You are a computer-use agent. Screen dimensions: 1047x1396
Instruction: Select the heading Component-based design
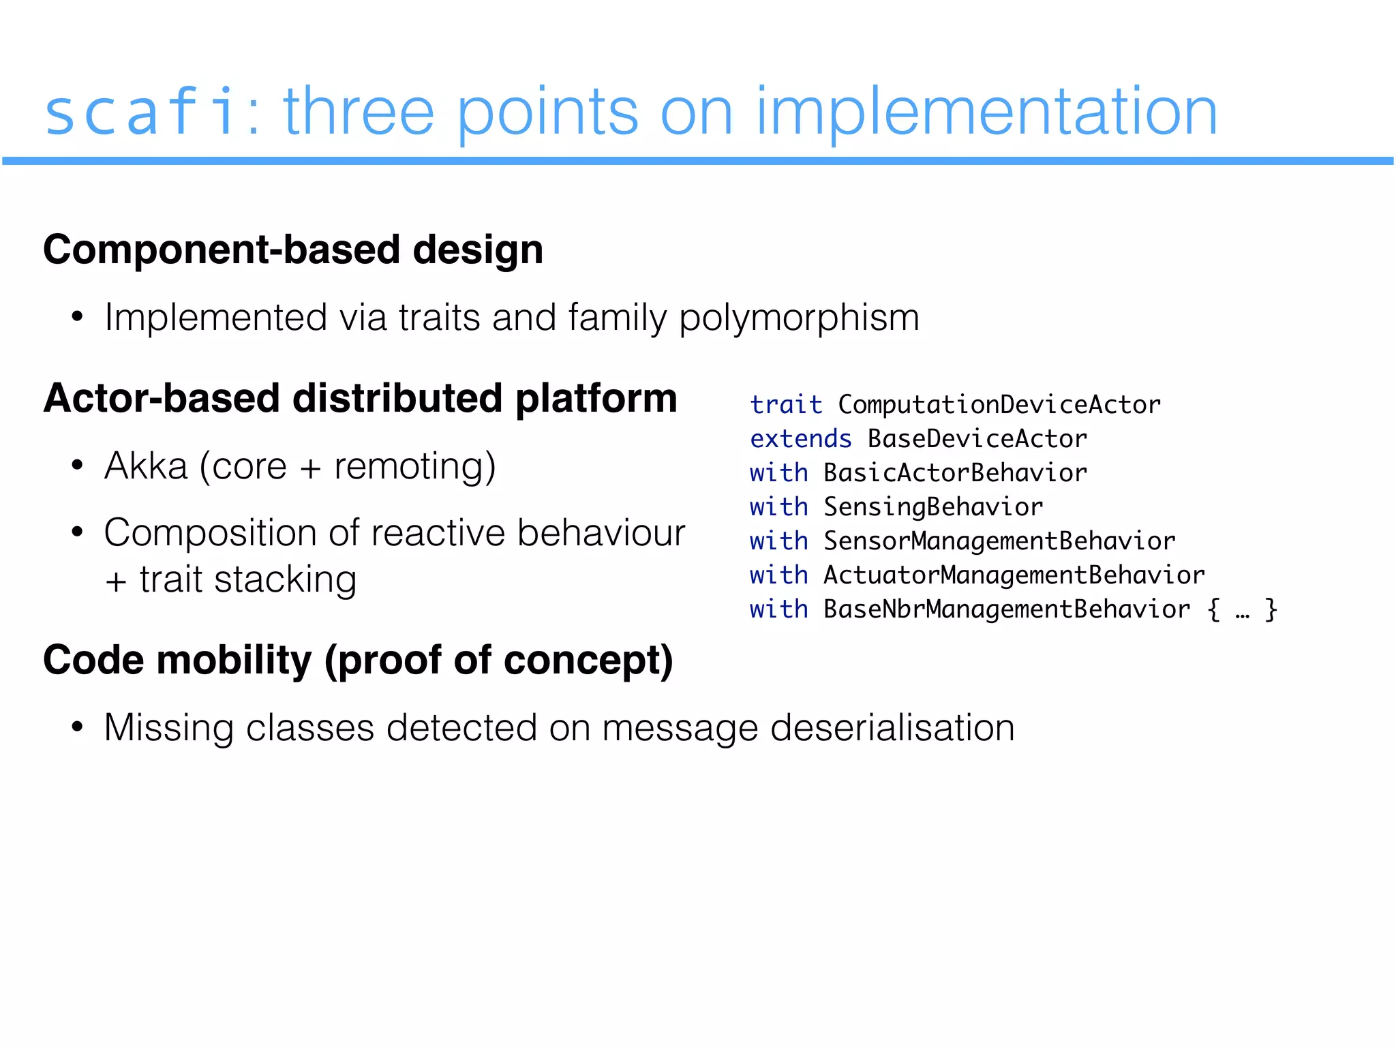[x=293, y=249]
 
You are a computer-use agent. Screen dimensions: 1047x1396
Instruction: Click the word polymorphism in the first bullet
[x=799, y=318]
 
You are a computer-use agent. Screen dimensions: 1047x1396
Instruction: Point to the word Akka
[x=146, y=466]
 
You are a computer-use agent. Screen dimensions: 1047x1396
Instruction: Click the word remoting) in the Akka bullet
[x=414, y=466]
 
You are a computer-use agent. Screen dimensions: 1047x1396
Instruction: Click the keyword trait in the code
[x=785, y=405]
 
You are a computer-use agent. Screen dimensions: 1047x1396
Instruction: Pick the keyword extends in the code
[x=800, y=439]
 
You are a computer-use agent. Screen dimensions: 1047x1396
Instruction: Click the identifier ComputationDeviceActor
[x=999, y=405]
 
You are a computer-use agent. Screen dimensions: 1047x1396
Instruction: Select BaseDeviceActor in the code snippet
[x=977, y=439]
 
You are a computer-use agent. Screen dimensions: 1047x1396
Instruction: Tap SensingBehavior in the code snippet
[x=932, y=507]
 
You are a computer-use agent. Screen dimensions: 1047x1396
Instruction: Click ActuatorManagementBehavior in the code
[x=1014, y=575]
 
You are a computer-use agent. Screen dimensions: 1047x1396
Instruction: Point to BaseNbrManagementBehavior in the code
[x=1006, y=609]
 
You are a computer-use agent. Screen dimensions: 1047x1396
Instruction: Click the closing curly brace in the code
[x=1270, y=609]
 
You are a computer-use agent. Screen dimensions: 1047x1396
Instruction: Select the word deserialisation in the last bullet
[x=892, y=728]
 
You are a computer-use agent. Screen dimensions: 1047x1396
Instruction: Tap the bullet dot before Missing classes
[x=78, y=727]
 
